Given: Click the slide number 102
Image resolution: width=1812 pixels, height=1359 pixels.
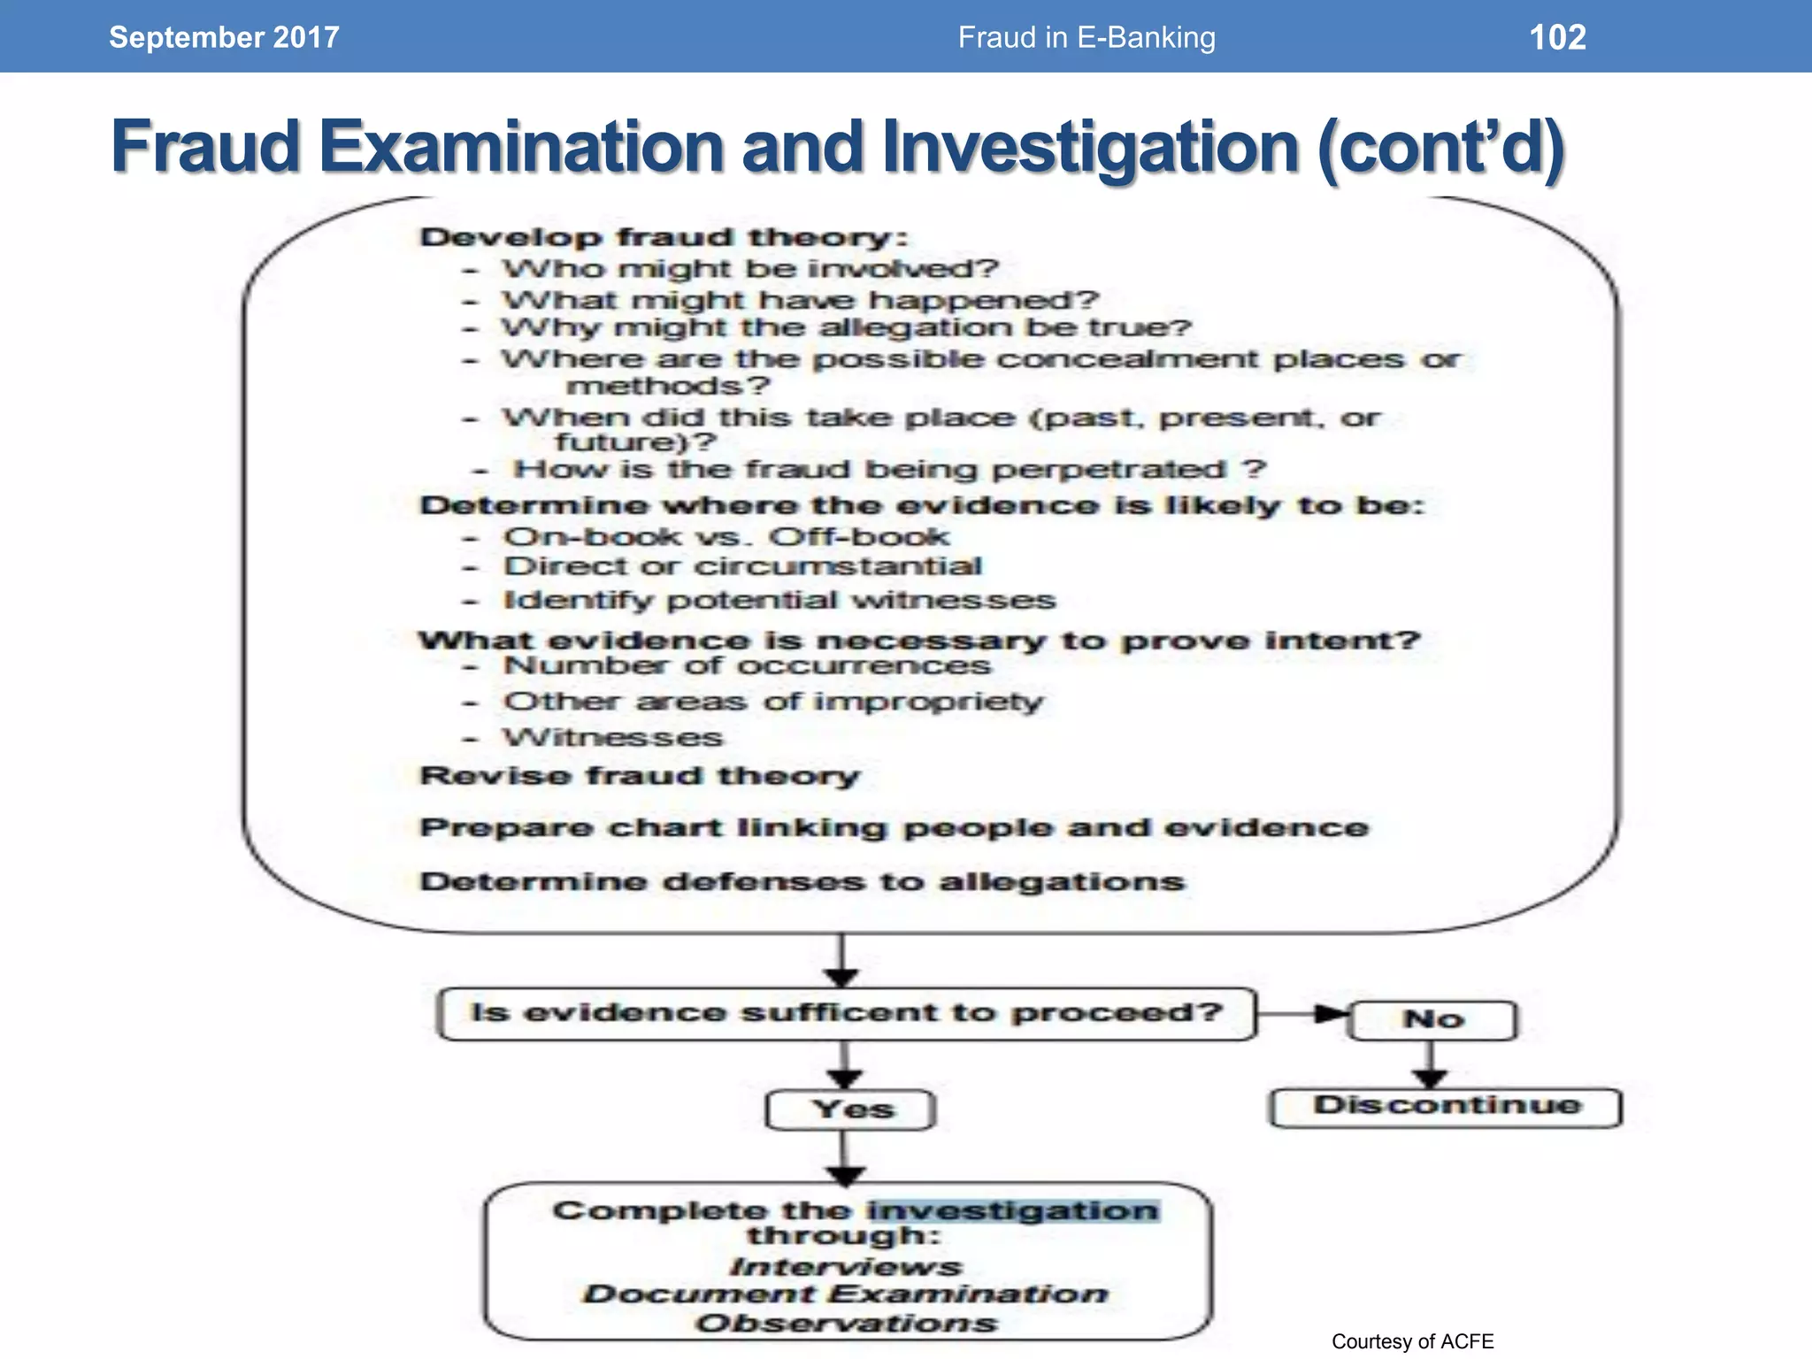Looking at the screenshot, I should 1557,37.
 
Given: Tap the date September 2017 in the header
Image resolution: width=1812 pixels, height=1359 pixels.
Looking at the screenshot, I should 224,37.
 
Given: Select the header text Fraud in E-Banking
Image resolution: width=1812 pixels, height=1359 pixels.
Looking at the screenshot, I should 1086,37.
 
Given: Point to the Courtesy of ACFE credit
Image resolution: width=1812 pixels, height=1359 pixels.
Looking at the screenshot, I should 1412,1341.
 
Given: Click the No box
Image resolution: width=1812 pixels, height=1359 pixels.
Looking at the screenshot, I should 1433,1019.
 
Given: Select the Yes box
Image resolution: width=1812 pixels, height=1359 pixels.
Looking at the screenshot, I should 850,1109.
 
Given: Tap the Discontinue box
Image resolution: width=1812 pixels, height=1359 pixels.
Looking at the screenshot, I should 1446,1106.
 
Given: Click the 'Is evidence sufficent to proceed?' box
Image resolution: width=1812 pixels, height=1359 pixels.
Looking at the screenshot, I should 847,1013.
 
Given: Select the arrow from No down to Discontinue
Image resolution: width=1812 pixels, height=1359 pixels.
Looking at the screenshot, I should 1430,1065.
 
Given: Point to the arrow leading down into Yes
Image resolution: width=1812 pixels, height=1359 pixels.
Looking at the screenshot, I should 844,1066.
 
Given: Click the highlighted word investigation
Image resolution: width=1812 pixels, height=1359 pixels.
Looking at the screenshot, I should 1013,1210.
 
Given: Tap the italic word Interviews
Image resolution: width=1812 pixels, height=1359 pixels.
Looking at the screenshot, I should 846,1267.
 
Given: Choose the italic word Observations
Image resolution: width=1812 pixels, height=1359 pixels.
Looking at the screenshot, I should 846,1324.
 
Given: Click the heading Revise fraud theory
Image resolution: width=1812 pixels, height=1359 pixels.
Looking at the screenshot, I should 640,776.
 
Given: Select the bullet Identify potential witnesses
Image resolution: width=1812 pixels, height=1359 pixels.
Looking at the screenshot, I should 779,600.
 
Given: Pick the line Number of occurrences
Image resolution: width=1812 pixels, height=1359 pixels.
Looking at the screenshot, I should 748,665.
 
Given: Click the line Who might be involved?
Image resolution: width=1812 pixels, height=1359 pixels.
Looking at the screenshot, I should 750,268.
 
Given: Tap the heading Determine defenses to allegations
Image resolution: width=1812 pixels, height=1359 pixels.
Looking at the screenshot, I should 802,882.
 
